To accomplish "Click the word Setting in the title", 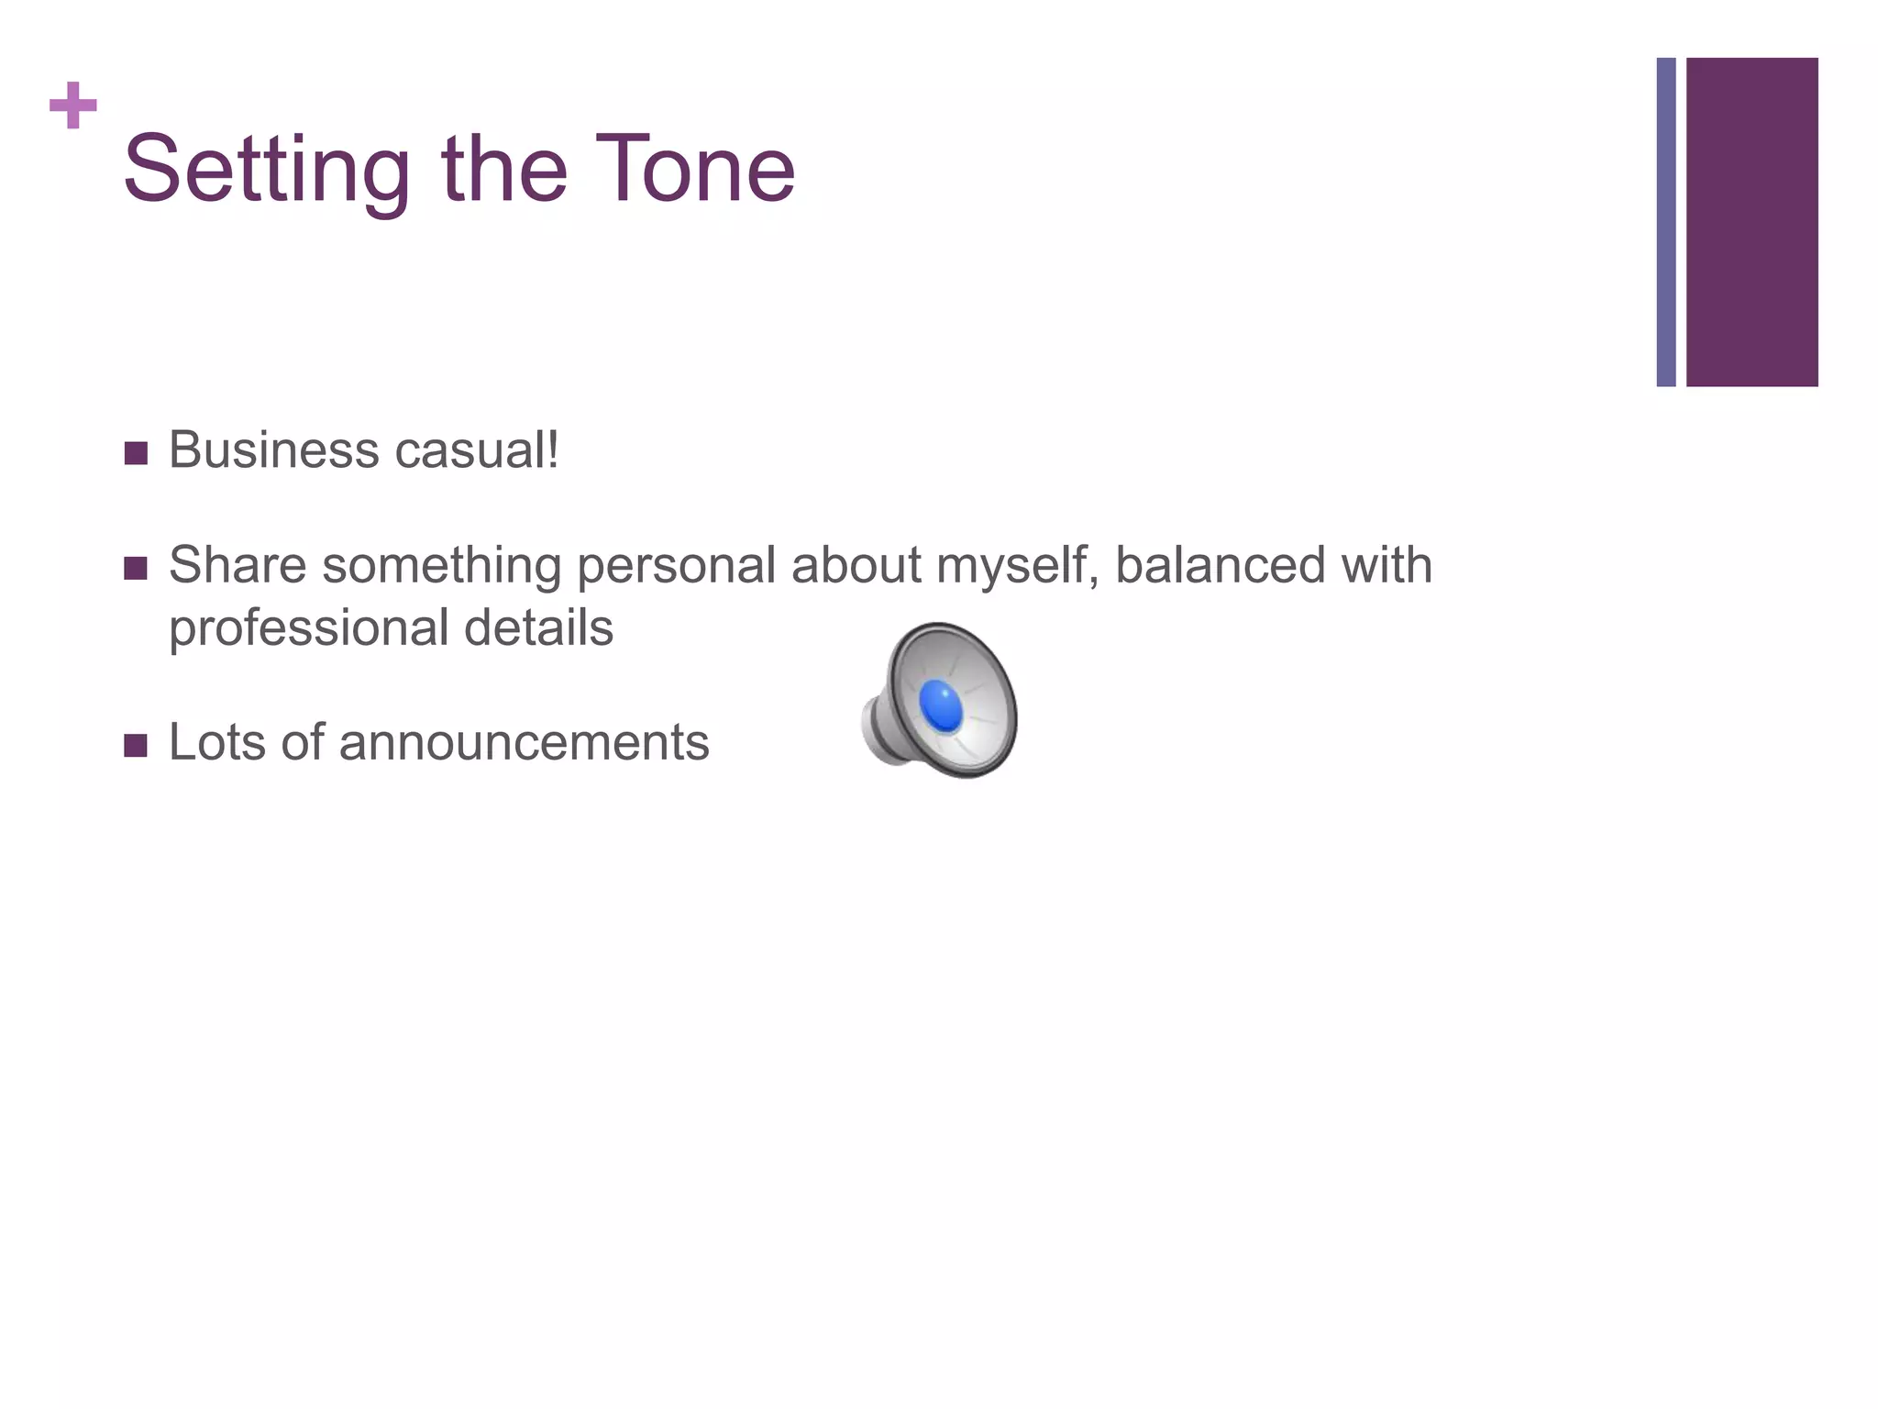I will (x=267, y=171).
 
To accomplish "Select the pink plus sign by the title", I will (x=73, y=105).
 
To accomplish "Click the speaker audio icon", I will (x=941, y=701).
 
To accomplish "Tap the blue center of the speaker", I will (x=942, y=706).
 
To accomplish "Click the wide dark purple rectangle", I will (x=1751, y=222).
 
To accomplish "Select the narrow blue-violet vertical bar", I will (x=1666, y=222).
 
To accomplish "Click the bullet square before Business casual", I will (x=136, y=453).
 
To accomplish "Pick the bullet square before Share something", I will (x=136, y=568).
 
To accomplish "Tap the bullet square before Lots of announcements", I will (x=136, y=745).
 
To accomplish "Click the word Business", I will (x=273, y=450).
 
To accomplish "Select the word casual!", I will (x=476, y=450).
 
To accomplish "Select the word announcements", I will (x=524, y=742).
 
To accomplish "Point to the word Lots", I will (x=217, y=742).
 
